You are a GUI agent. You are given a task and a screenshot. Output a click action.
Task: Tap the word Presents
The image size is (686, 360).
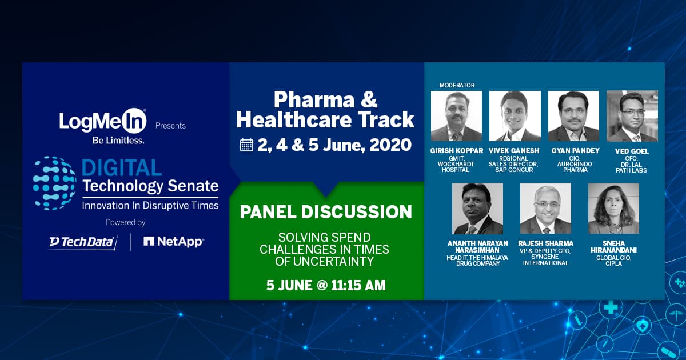click(170, 126)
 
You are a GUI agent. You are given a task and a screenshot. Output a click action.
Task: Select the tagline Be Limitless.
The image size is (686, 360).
click(103, 139)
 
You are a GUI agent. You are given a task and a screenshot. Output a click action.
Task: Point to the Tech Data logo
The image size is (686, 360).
click(83, 242)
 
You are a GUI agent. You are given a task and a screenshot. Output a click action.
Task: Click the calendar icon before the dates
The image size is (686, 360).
click(246, 145)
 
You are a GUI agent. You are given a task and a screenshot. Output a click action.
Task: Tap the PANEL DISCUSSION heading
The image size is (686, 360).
click(326, 212)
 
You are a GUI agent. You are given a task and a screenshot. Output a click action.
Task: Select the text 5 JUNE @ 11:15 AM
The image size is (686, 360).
click(326, 285)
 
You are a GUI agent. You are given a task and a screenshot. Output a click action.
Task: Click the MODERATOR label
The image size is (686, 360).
click(457, 85)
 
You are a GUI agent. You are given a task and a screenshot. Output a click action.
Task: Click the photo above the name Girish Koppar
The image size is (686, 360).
click(456, 116)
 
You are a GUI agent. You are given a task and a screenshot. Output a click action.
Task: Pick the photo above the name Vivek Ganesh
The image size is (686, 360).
click(515, 116)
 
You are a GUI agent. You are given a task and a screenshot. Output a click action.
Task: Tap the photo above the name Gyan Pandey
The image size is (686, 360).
click(573, 116)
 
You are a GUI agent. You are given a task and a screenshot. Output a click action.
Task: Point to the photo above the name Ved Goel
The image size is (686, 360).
click(632, 116)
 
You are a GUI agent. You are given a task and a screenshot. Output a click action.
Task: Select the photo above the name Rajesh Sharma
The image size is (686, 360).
click(545, 208)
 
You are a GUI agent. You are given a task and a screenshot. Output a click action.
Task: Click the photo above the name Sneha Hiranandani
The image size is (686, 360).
click(613, 208)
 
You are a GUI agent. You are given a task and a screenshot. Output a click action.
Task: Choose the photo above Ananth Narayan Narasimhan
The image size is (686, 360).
click(477, 208)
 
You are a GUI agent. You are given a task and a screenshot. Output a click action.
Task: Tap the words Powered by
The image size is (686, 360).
click(126, 222)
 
